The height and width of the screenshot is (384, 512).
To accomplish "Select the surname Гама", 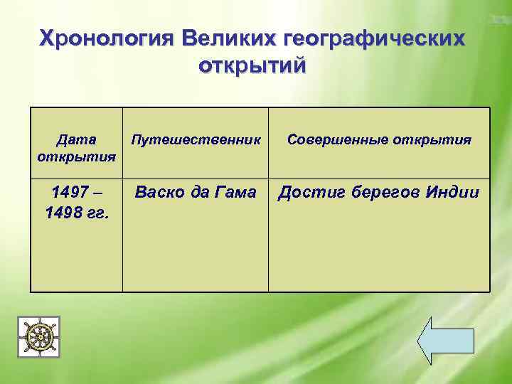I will (238, 193).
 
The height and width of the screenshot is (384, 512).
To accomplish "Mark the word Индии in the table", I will (454, 193).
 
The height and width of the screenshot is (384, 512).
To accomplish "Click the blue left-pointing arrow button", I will (444, 340).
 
